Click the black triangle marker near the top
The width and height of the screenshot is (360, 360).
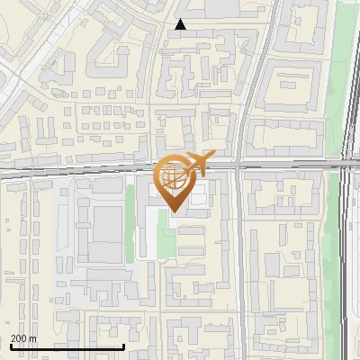(181, 24)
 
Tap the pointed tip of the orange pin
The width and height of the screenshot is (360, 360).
(174, 211)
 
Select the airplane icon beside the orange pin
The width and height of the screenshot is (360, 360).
(203, 161)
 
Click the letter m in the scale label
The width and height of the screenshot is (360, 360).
(33, 338)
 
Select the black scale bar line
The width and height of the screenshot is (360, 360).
(67, 346)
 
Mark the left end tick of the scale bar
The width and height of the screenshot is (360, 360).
(11, 345)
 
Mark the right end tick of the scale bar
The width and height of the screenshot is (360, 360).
(124, 345)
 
